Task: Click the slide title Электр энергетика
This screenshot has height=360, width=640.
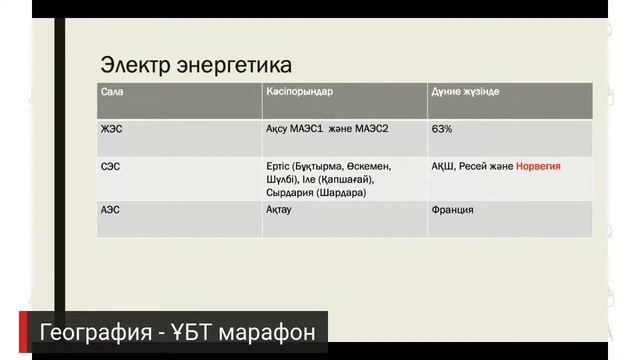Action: pos(196,66)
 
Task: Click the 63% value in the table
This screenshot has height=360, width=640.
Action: pos(442,130)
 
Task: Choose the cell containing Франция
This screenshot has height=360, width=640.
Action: pos(453,211)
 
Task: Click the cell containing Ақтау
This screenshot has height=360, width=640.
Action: pos(284,211)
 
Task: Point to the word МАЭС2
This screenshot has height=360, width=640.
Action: pos(375,130)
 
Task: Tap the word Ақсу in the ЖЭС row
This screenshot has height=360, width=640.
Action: pos(282,130)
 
